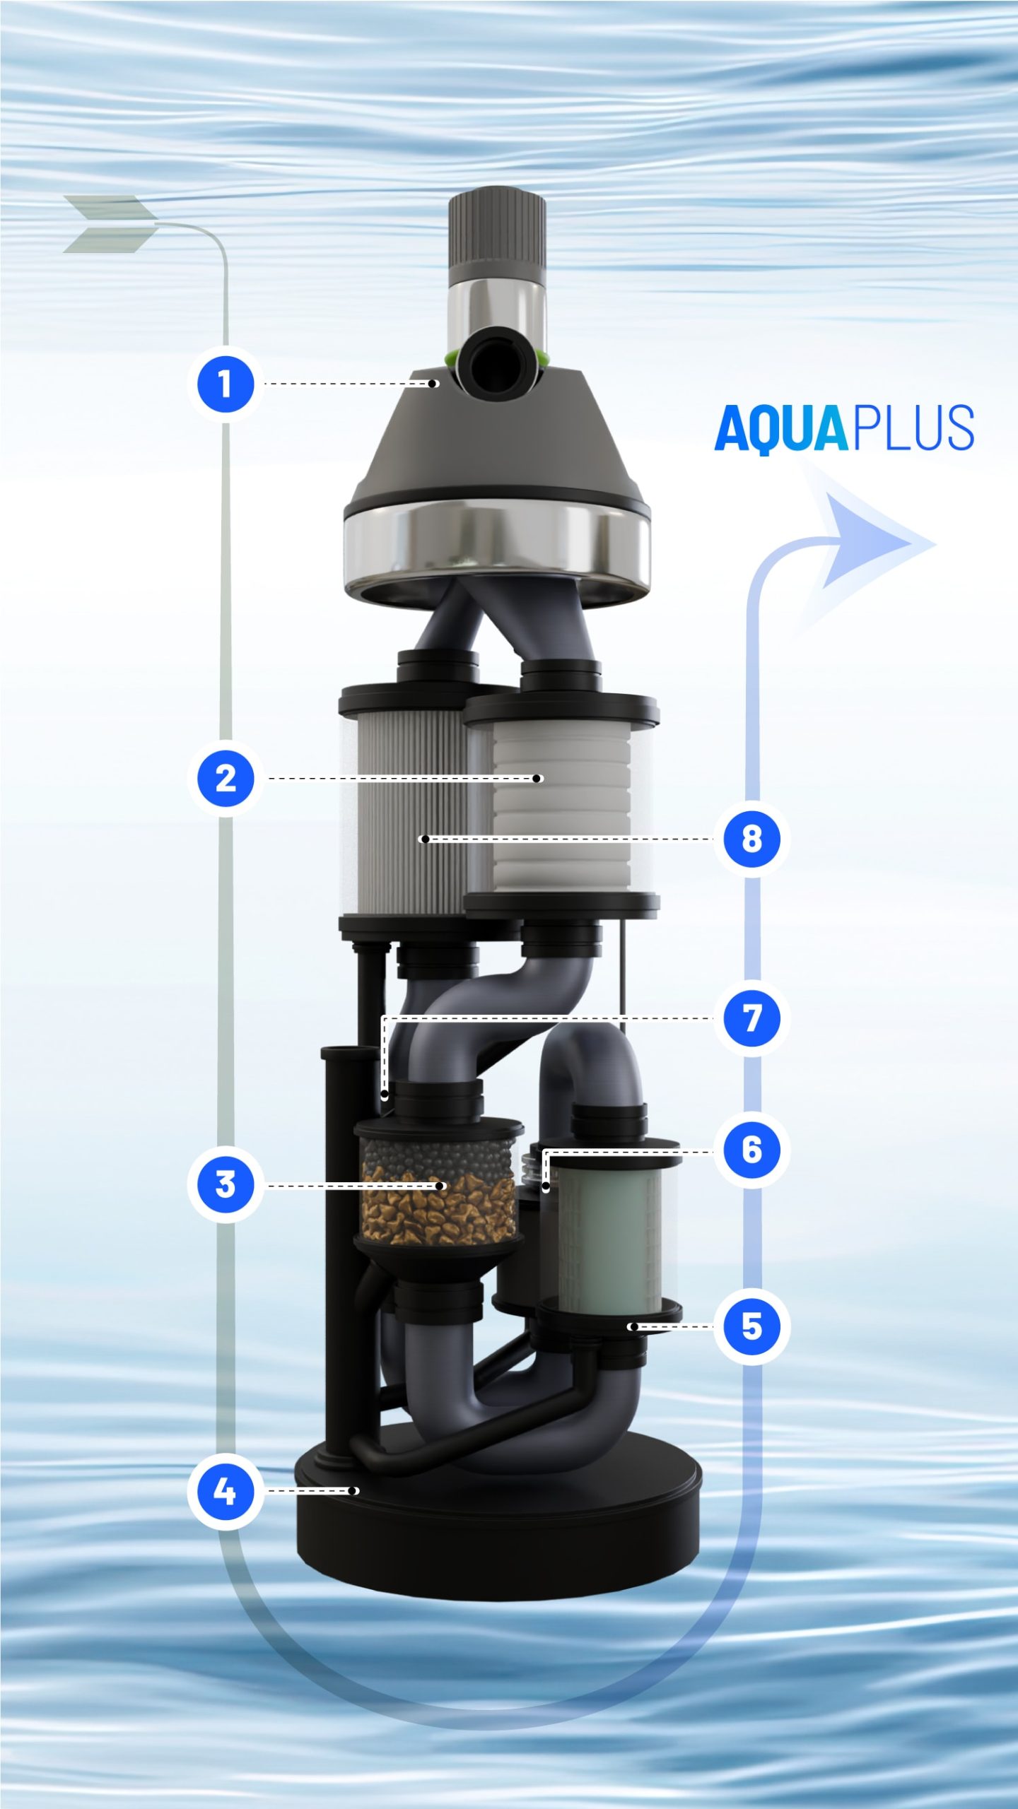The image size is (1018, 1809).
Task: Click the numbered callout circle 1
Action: (x=225, y=384)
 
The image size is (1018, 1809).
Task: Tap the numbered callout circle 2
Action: (x=225, y=779)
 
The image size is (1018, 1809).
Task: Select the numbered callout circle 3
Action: (x=225, y=1184)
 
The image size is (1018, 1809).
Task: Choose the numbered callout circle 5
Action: (x=751, y=1326)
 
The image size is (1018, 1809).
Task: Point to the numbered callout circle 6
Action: (x=751, y=1150)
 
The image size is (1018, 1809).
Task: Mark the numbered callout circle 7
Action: (x=751, y=1018)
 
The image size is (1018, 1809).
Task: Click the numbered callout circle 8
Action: (x=751, y=839)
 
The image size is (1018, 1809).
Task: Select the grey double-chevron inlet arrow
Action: (x=110, y=223)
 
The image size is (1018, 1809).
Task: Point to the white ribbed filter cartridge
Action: (x=562, y=806)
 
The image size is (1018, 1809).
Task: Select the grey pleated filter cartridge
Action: (x=410, y=813)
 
